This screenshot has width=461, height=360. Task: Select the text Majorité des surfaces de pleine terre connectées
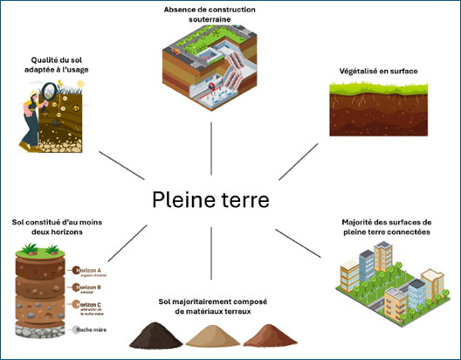click(387, 229)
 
